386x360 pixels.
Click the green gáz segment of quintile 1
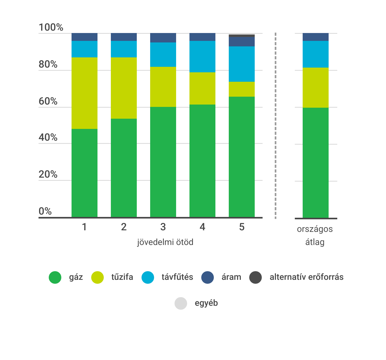click(x=84, y=173)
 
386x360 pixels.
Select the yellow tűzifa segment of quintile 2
click(x=124, y=88)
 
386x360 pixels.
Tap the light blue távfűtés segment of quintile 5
click(x=242, y=64)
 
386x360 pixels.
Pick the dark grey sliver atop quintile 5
click(x=242, y=36)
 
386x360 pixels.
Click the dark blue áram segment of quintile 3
click(x=163, y=38)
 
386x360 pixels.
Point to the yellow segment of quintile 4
click(x=202, y=88)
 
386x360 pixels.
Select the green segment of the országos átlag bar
click(x=316, y=162)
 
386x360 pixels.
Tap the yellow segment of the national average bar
click(x=316, y=88)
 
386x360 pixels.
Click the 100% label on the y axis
click(x=51, y=27)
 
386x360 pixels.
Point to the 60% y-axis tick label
click(x=48, y=101)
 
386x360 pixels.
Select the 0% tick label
click(x=45, y=211)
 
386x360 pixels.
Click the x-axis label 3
click(x=163, y=227)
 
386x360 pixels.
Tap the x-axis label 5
click(x=242, y=227)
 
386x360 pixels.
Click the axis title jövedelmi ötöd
click(x=165, y=242)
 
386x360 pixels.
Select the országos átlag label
click(x=315, y=235)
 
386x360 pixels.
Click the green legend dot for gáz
click(x=55, y=277)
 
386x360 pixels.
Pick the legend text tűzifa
click(x=122, y=277)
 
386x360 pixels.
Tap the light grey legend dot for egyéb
click(x=181, y=303)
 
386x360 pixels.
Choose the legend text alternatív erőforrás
click(x=306, y=277)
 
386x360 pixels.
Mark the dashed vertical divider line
click(x=275, y=126)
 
